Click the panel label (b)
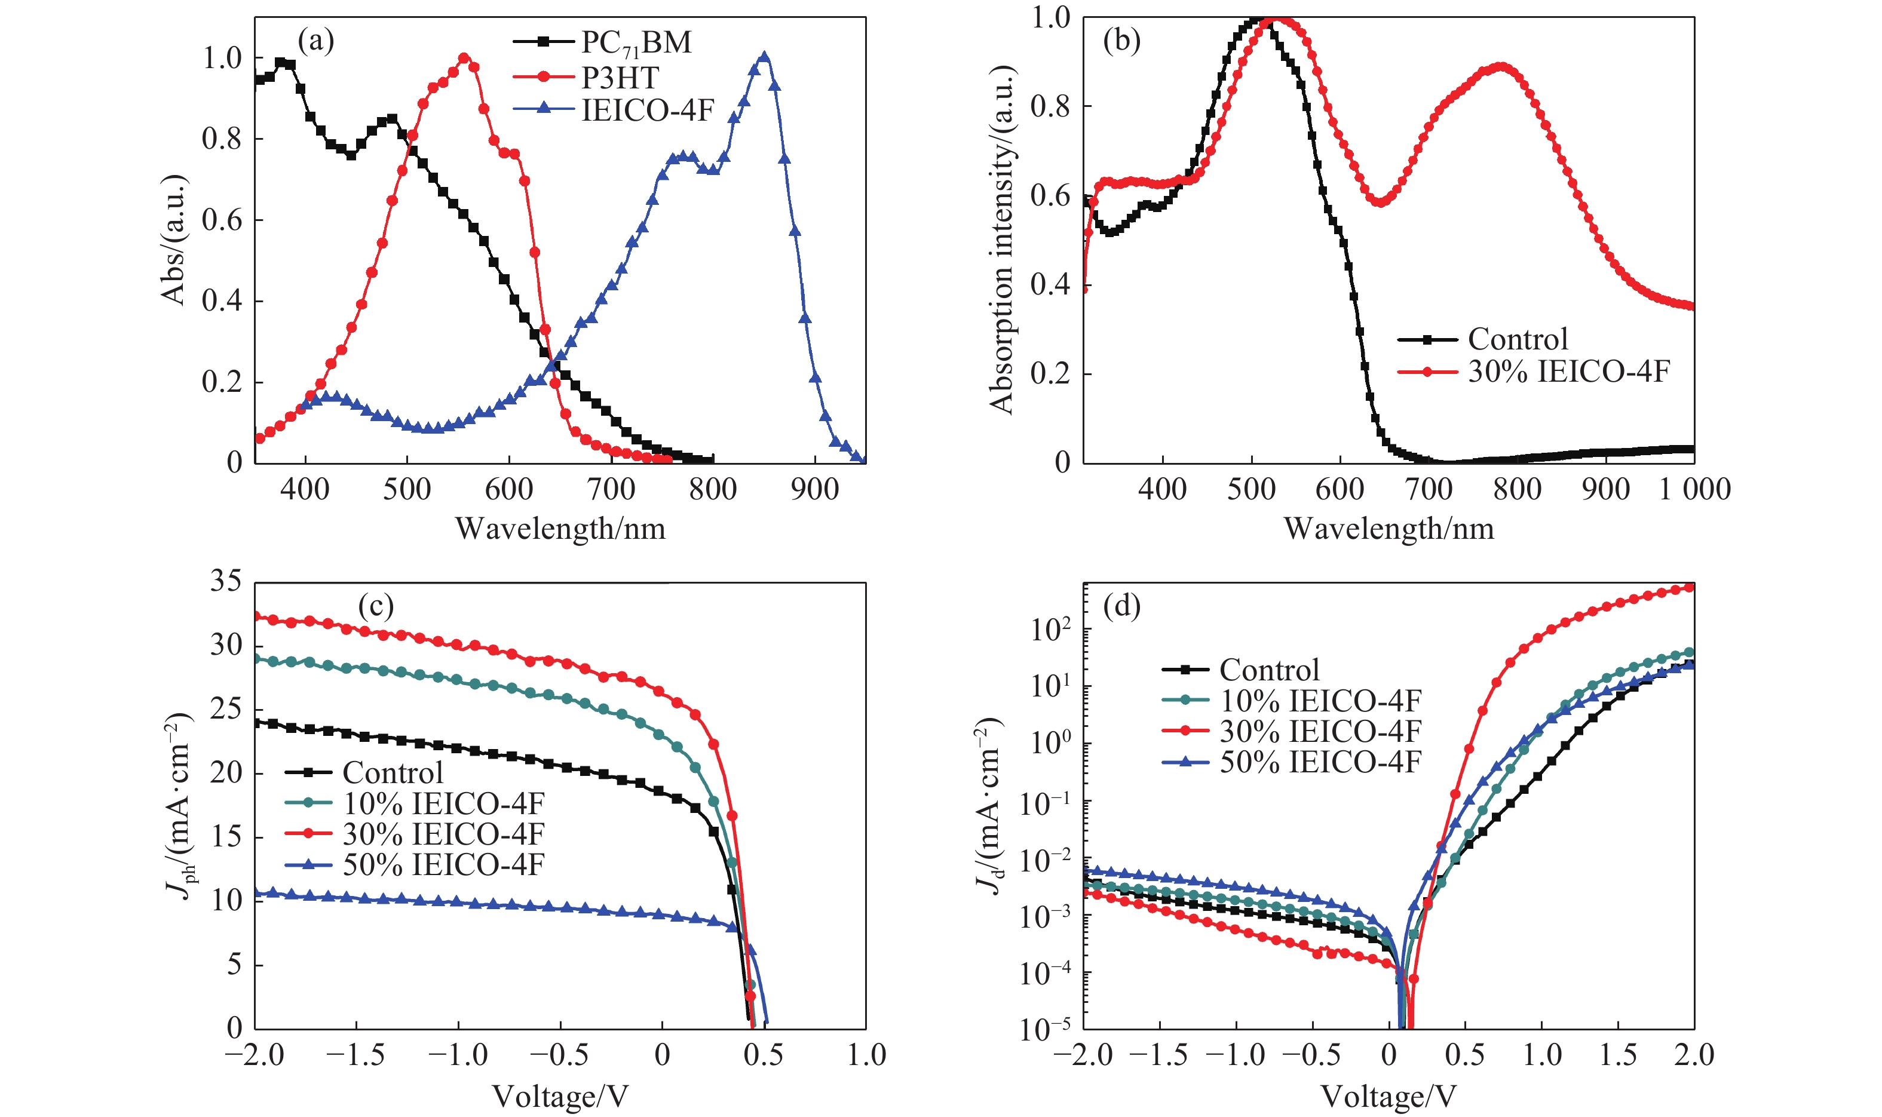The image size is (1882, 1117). tap(1121, 40)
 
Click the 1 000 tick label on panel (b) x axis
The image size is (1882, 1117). tap(1694, 489)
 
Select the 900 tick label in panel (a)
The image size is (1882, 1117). tap(814, 489)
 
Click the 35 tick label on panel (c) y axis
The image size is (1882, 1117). tap(226, 581)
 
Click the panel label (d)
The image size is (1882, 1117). tap(1121, 606)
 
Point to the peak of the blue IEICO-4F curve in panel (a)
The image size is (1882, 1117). tap(764, 57)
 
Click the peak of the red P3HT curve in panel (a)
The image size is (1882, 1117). tap(464, 58)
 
